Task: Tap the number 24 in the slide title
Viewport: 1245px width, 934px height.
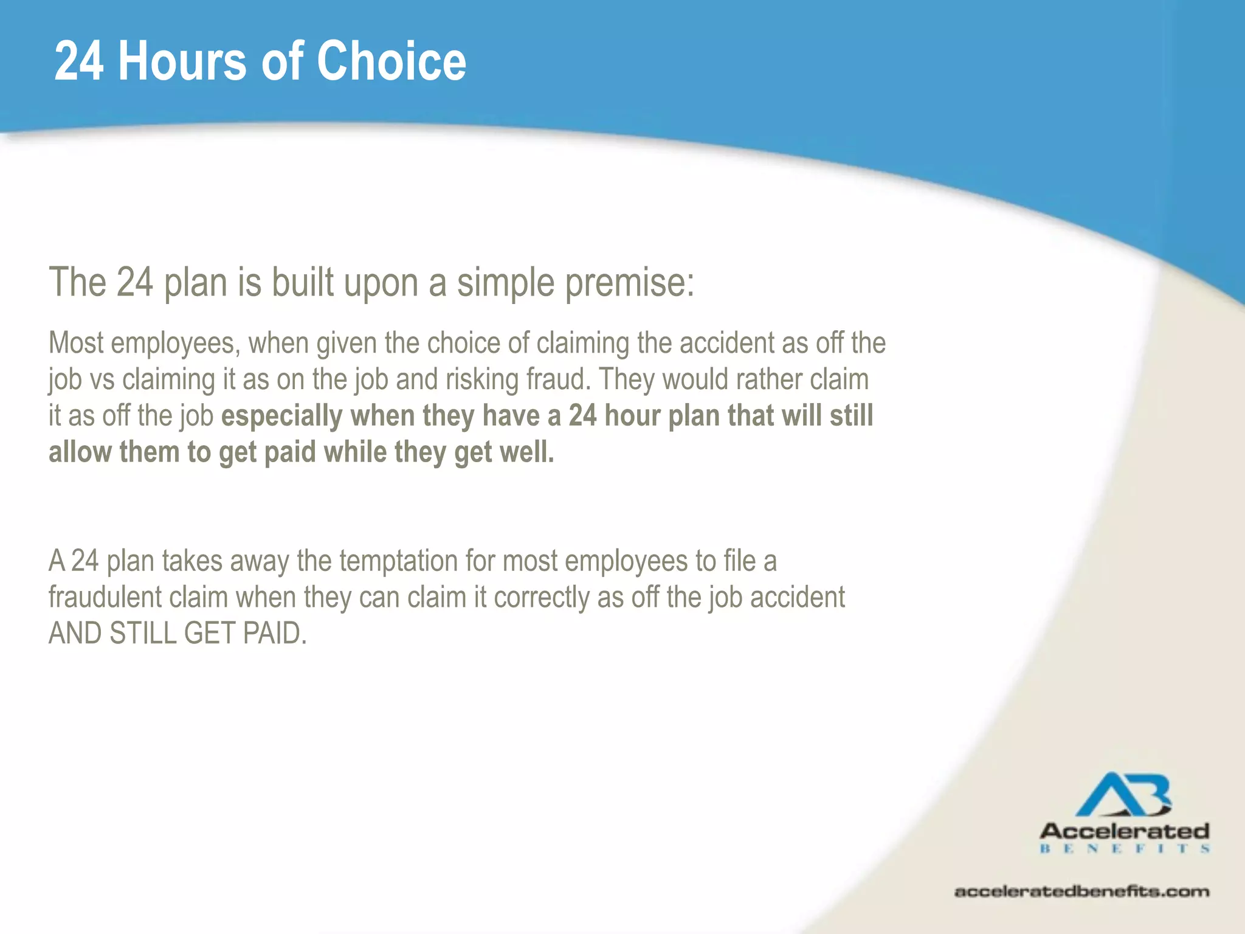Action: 79,61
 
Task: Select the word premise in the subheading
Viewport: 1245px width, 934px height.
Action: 629,283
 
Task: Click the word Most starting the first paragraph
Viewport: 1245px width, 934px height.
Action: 76,343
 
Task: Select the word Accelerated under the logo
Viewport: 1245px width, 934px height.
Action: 1125,831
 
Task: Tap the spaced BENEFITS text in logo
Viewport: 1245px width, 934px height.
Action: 1125,849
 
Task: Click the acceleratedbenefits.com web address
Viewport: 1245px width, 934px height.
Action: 1081,892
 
